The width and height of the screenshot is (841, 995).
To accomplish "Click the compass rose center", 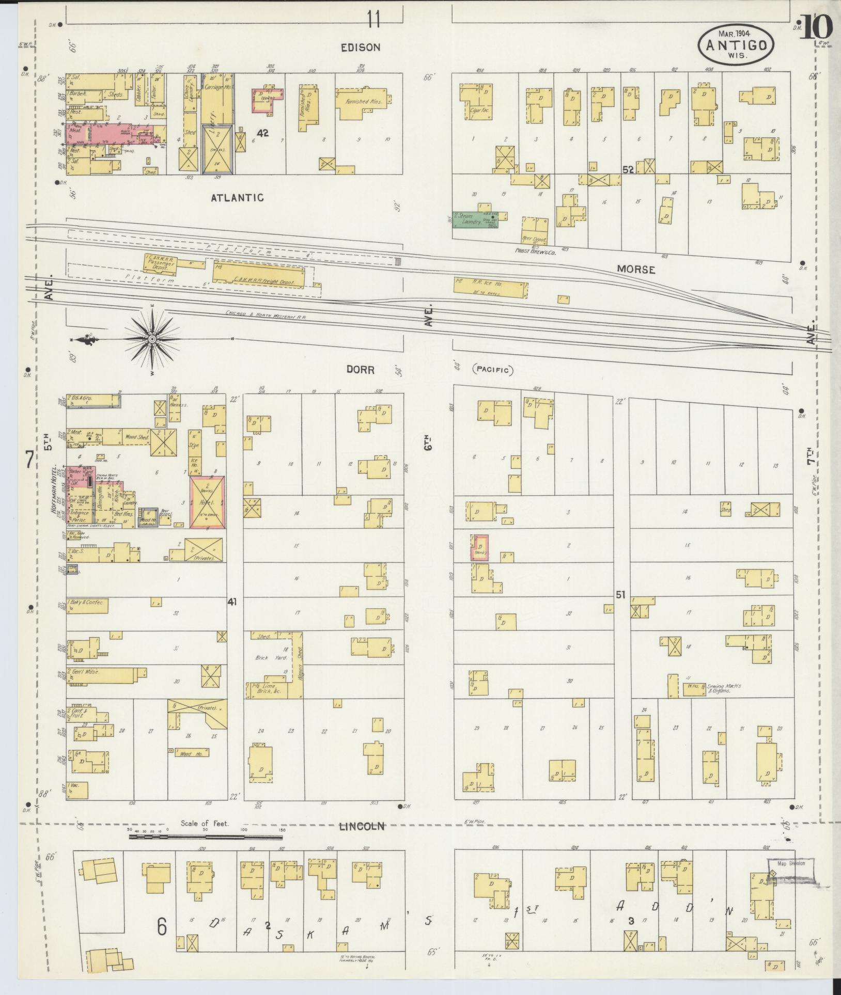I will tap(152, 339).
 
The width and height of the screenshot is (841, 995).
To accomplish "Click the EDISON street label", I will tap(360, 48).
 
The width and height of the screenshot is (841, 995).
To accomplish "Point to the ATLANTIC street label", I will tap(237, 197).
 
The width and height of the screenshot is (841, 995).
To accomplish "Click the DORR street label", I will tap(360, 370).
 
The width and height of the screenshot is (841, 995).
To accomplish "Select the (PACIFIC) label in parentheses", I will tap(491, 370).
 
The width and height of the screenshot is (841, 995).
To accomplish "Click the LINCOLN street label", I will tap(362, 826).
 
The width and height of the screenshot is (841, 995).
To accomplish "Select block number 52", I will tap(628, 169).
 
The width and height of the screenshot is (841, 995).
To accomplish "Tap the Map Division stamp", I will tap(790, 863).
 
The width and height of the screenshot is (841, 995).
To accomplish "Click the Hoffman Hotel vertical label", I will tap(54, 495).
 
